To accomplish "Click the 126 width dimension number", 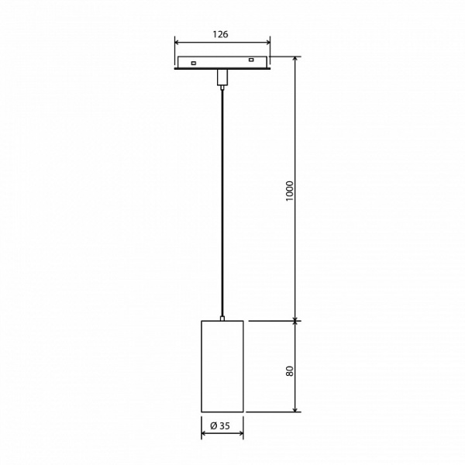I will coord(222,34).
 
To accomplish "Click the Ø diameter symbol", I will coord(213,425).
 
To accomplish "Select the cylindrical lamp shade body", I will coord(222,365).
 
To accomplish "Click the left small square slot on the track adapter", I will coord(194,62).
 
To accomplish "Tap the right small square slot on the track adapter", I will coord(250,60).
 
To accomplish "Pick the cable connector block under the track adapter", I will coord(222,77).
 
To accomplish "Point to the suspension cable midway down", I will coord(222,201).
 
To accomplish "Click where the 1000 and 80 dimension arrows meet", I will coord(295,319).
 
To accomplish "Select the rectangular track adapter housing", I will coord(222,63).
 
